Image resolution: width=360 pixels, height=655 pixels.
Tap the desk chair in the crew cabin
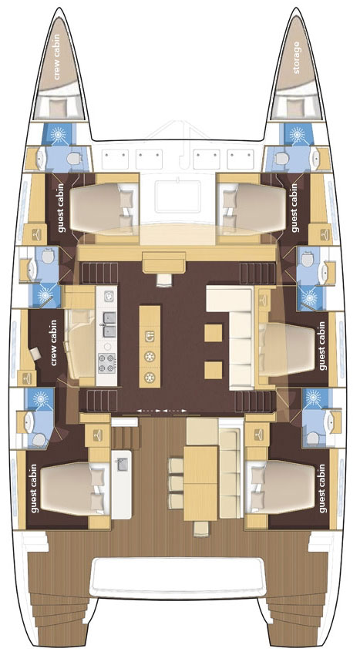tap(36, 353)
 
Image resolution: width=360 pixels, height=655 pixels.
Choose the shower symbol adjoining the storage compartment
tap(296, 133)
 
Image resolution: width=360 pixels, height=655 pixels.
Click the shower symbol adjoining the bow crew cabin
tap(61, 133)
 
